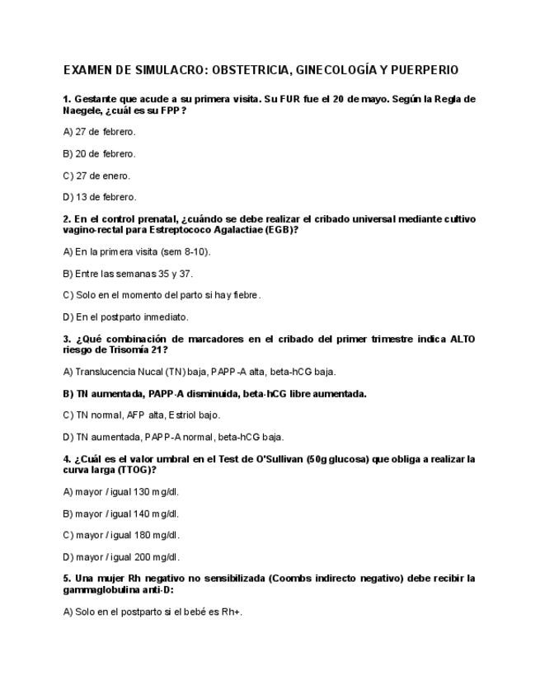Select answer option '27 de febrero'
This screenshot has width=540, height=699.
pyautogui.click(x=100, y=132)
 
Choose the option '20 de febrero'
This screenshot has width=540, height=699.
pyautogui.click(x=100, y=153)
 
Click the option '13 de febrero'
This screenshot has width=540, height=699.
pyautogui.click(x=100, y=197)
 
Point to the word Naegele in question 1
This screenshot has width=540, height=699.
pyautogui.click(x=81, y=110)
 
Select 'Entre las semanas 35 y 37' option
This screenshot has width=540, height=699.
pyautogui.click(x=128, y=273)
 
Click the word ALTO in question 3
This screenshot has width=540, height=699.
pyautogui.click(x=463, y=339)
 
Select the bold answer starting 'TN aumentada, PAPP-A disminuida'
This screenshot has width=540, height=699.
pyautogui.click(x=215, y=394)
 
